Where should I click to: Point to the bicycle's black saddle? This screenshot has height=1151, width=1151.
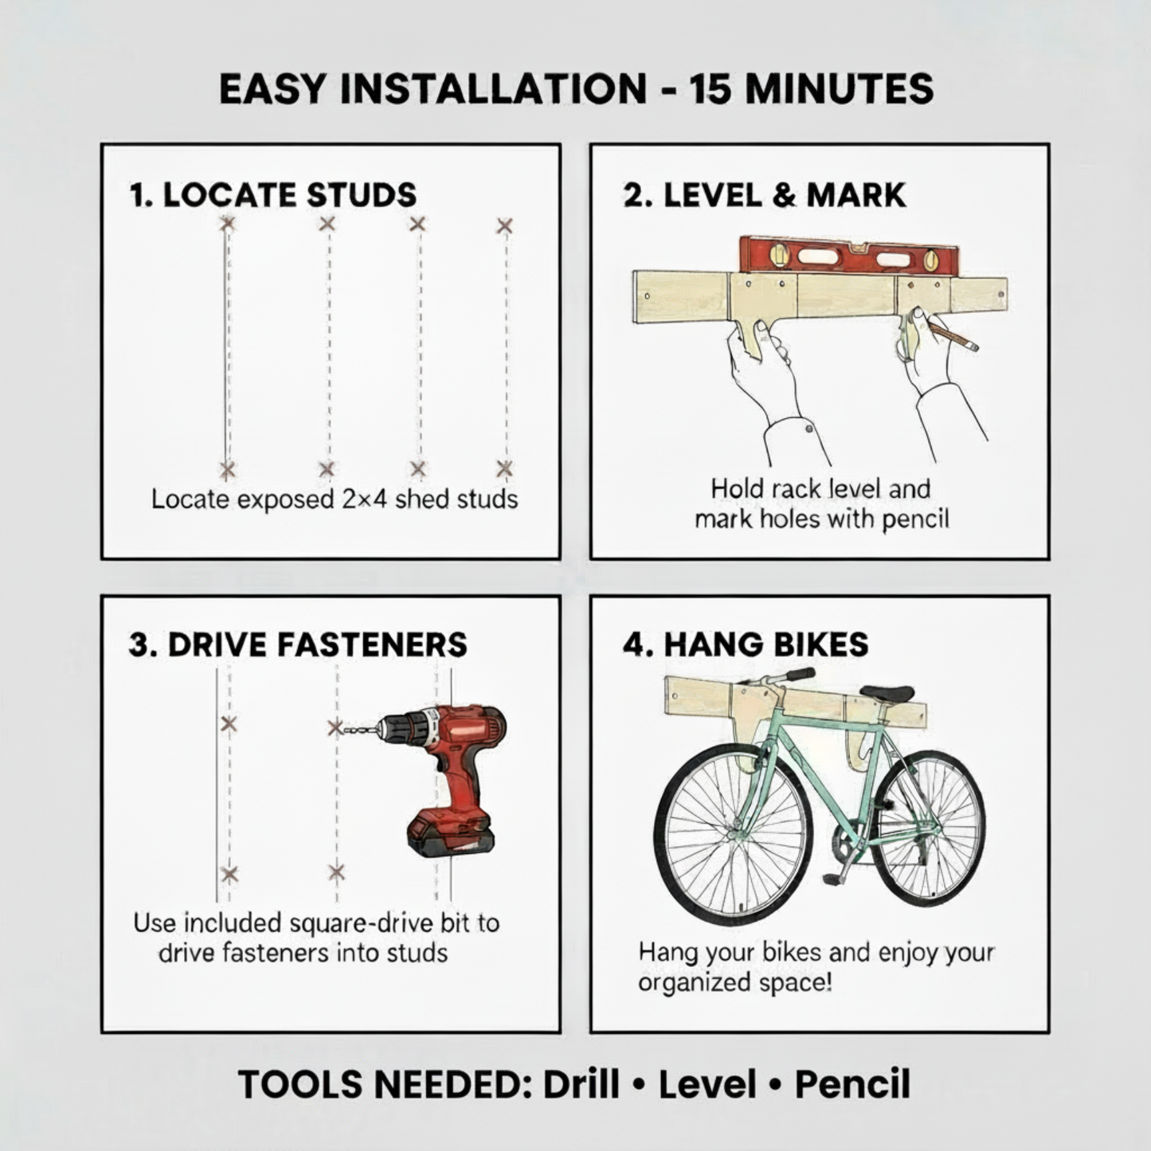pyautogui.click(x=887, y=693)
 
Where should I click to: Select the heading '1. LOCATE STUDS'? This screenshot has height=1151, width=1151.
pyautogui.click(x=273, y=195)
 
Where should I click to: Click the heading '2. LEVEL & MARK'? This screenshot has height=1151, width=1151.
pyautogui.click(x=765, y=195)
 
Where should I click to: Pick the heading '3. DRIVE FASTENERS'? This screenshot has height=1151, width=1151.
pyautogui.click(x=298, y=644)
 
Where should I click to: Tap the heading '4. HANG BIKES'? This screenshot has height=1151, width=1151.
pyautogui.click(x=746, y=644)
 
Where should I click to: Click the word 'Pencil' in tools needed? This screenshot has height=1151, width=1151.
pyautogui.click(x=852, y=1084)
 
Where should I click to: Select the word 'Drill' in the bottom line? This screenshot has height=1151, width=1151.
pyautogui.click(x=581, y=1084)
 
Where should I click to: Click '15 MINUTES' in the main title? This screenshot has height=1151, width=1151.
pyautogui.click(x=812, y=88)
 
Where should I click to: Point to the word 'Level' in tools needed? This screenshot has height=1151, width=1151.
pyautogui.click(x=707, y=1084)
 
